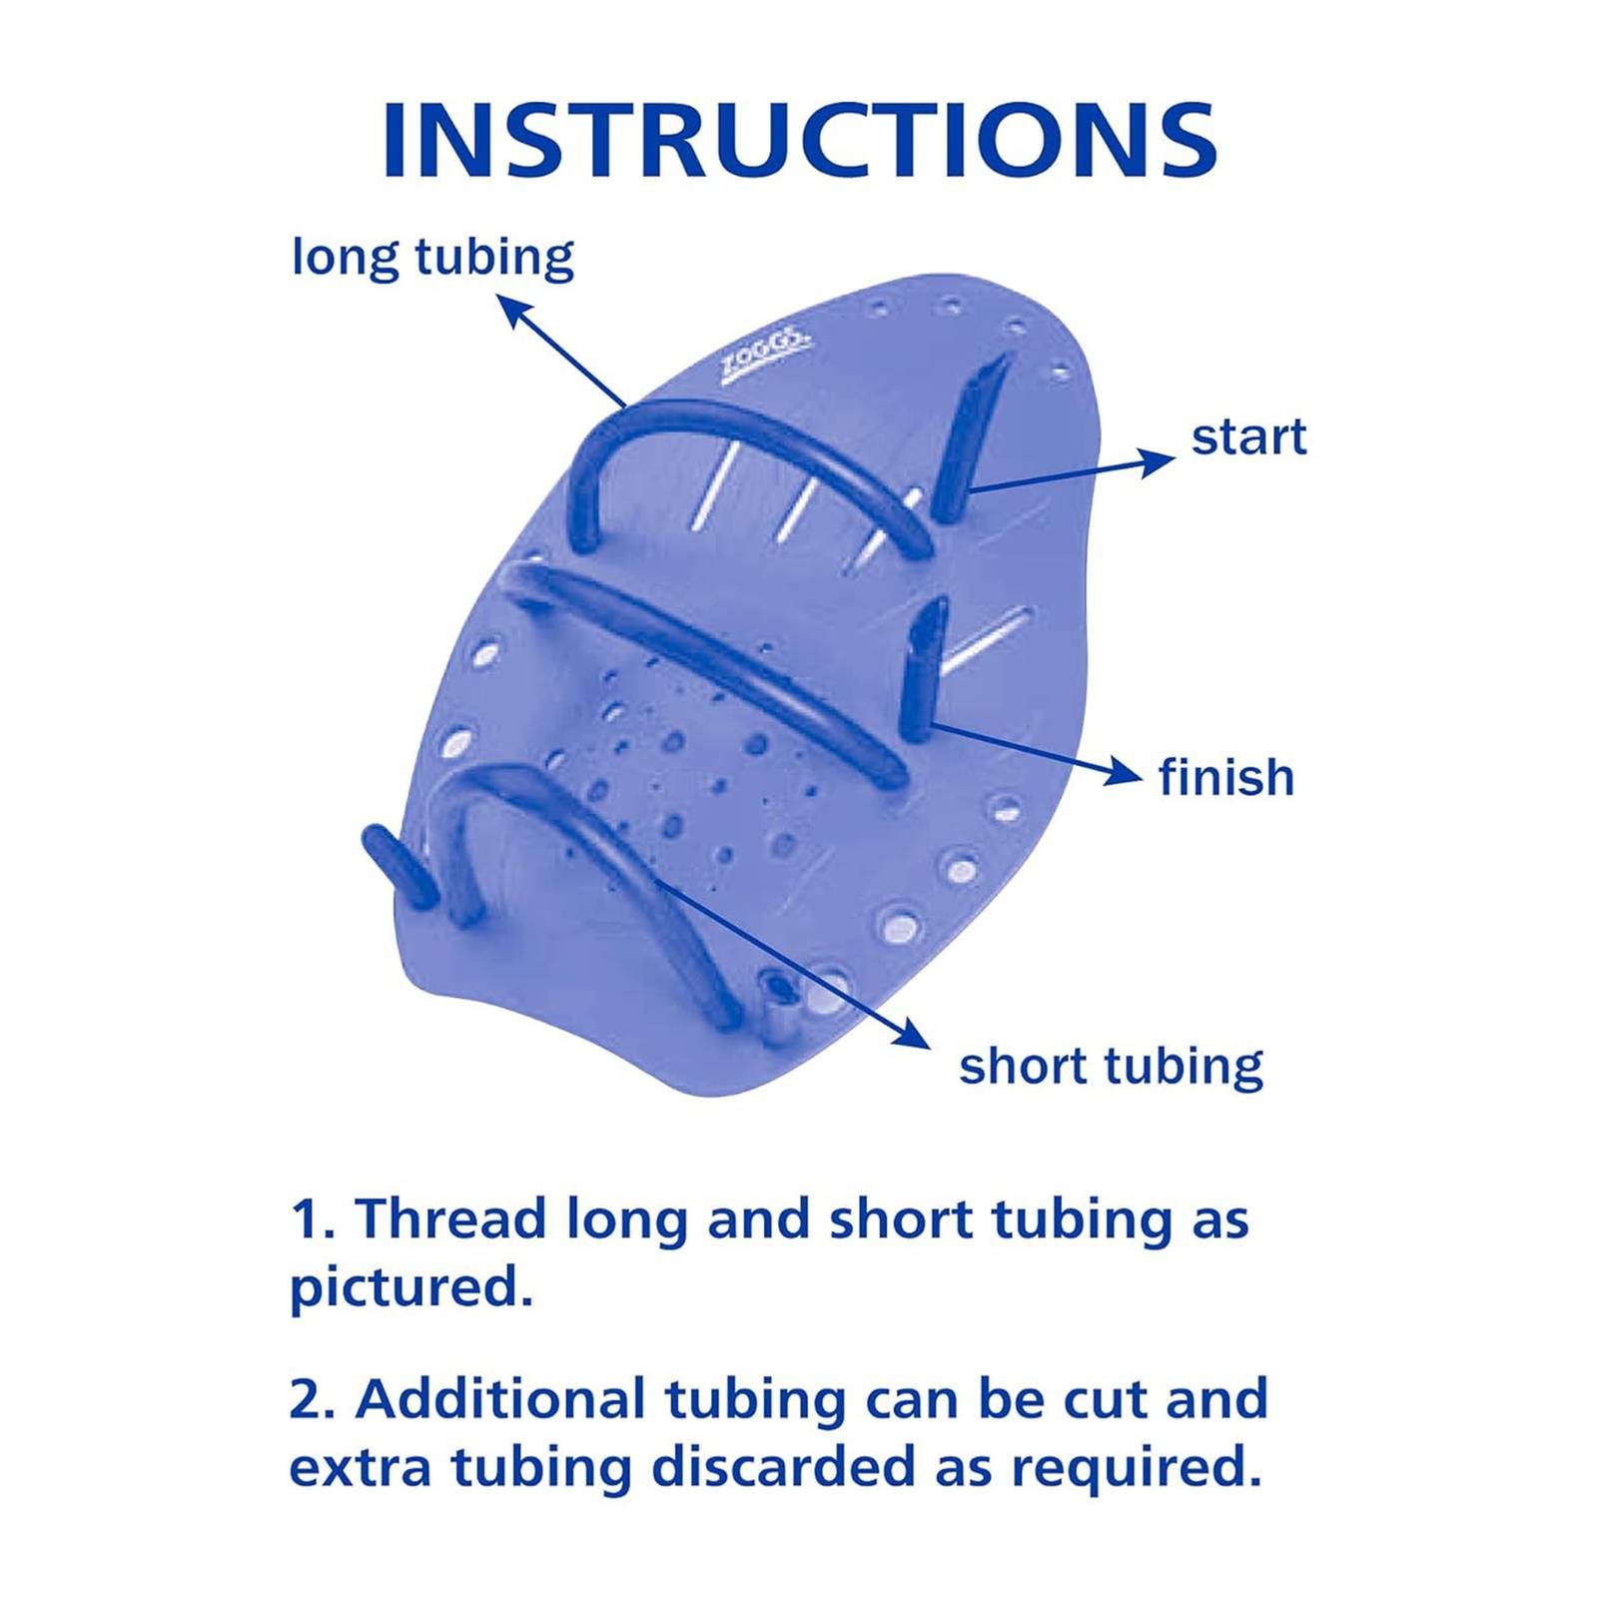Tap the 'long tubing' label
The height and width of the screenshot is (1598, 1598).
(432, 259)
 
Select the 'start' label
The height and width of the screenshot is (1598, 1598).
(1248, 437)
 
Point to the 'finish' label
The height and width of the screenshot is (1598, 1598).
(1226, 777)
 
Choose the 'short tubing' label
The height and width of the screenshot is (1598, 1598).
(1111, 1067)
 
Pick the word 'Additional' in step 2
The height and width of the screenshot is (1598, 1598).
(501, 1398)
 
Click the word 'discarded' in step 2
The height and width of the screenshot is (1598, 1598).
(784, 1467)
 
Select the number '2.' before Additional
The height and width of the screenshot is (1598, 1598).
(311, 1398)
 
